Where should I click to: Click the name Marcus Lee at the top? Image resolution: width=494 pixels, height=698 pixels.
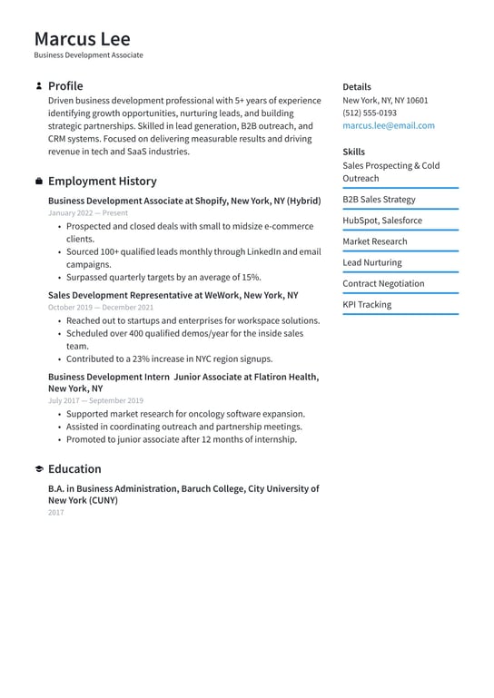coord(83,39)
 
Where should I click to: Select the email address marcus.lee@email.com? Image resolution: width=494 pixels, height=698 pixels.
coord(388,126)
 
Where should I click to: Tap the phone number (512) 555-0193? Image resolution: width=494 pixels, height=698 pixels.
coord(369,113)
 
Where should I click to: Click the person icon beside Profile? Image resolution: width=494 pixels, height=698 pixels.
coord(39,86)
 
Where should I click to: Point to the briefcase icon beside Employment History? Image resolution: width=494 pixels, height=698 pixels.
coord(39,182)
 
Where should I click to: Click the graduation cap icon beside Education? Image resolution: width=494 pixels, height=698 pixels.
coord(39,469)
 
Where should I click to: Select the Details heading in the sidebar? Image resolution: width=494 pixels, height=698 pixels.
coord(357,87)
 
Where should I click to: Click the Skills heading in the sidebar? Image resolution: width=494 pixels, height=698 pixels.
coord(353,152)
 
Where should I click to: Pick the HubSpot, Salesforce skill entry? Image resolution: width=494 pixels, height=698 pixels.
coord(381,221)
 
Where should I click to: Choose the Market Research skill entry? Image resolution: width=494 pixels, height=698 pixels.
coord(374,241)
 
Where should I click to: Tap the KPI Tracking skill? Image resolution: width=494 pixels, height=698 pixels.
coord(367,305)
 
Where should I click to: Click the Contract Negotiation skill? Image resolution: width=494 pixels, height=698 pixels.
coord(383,283)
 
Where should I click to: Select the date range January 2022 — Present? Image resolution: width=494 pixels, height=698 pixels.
coord(88,213)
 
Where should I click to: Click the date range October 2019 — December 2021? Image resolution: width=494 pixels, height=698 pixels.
coord(101,308)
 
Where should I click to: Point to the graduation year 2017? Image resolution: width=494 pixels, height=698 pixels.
coord(56,513)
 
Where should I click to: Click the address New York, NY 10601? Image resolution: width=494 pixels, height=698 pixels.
coord(385,101)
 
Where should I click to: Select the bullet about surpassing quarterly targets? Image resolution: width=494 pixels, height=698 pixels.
coord(163,277)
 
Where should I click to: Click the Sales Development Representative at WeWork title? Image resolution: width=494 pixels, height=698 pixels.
coord(173,295)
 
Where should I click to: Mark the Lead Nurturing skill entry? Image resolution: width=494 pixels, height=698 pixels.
coord(371,262)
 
